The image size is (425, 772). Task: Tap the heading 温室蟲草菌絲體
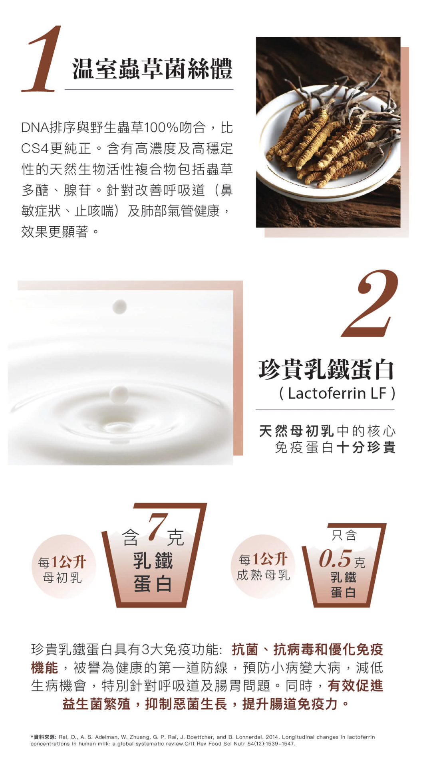pyautogui.click(x=152, y=69)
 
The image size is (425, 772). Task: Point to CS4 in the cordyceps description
pyautogui.click(x=35, y=148)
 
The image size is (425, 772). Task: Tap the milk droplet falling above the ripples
pyautogui.click(x=120, y=307)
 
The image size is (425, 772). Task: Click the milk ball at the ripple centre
pyautogui.click(x=119, y=394)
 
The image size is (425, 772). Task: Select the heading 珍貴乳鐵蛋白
pyautogui.click(x=326, y=369)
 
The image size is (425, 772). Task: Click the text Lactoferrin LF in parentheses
pyautogui.click(x=337, y=393)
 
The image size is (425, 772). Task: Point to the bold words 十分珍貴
pyautogui.click(x=366, y=447)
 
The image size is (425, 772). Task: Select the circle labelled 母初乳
pyautogui.click(x=63, y=566)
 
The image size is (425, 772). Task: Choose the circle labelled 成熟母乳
pyautogui.click(x=263, y=566)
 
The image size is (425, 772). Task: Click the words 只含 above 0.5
pyautogui.click(x=344, y=535)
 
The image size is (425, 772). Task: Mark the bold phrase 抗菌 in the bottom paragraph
pyautogui.click(x=245, y=649)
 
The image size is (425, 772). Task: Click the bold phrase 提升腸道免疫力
pyautogui.click(x=290, y=704)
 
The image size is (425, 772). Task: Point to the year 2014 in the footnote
pyautogui.click(x=272, y=737)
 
